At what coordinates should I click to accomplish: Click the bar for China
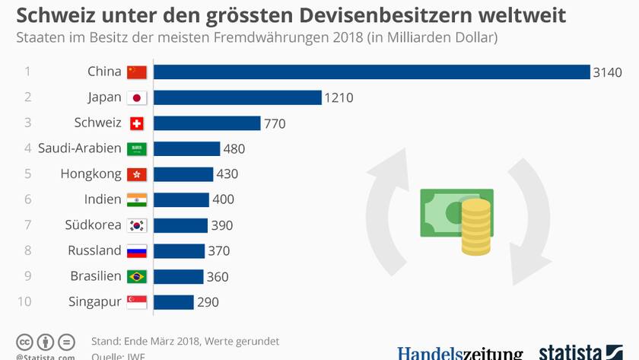372,72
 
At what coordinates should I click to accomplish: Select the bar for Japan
237,97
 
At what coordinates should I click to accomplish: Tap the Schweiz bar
207,123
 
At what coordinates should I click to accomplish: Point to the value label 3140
608,72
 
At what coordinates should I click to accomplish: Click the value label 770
275,123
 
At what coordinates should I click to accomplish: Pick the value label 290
208,302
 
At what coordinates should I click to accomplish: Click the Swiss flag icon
137,123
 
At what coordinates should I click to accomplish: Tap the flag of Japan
137,97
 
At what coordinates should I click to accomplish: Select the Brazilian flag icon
137,276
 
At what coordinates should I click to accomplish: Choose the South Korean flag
137,225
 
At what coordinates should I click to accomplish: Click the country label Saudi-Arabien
80,148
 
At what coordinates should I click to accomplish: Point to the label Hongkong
91,174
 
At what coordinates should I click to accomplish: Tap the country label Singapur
95,302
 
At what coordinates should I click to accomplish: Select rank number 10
24,302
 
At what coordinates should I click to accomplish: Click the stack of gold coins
476,227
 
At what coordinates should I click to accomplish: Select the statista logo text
571,352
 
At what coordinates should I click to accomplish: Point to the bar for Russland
180,250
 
